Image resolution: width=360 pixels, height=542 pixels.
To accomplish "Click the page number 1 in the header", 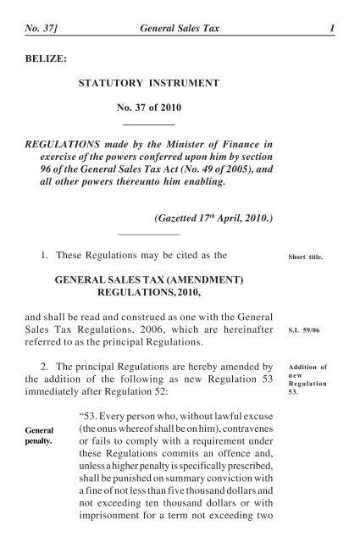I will (333, 9).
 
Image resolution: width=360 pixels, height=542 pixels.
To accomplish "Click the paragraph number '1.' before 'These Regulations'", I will (48, 252).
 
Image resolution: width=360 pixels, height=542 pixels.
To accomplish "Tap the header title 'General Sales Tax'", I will (179, 9).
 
